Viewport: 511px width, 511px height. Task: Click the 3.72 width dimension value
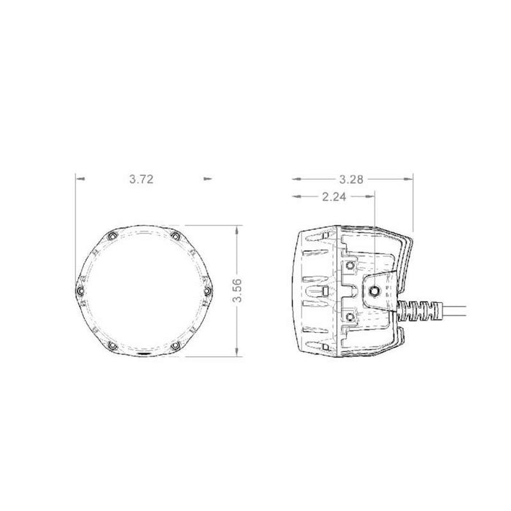point(142,178)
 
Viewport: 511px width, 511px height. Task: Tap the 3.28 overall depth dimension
point(352,178)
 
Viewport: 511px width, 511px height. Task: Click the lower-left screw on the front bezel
point(111,345)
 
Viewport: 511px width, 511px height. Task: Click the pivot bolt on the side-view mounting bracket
point(373,291)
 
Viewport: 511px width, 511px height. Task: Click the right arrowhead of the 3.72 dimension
point(207,177)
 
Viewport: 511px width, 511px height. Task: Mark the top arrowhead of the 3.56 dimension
point(237,228)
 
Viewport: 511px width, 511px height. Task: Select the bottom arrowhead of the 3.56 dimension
point(237,353)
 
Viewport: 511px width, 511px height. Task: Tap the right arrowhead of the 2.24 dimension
point(371,196)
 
